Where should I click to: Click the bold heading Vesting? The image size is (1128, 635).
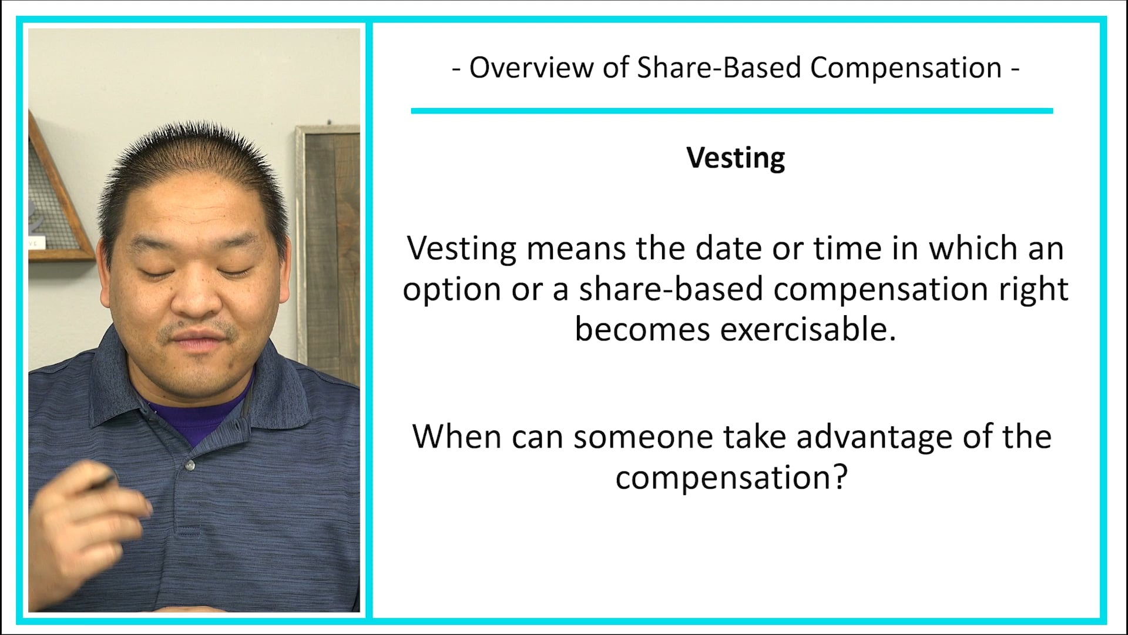coord(736,158)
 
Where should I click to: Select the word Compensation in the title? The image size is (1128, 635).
coord(906,68)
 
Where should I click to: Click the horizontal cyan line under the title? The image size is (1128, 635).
coord(731,111)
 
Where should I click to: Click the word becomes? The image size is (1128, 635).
coord(642,329)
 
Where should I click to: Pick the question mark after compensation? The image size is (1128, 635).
coord(841,476)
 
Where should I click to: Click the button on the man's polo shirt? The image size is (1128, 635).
coord(190,466)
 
